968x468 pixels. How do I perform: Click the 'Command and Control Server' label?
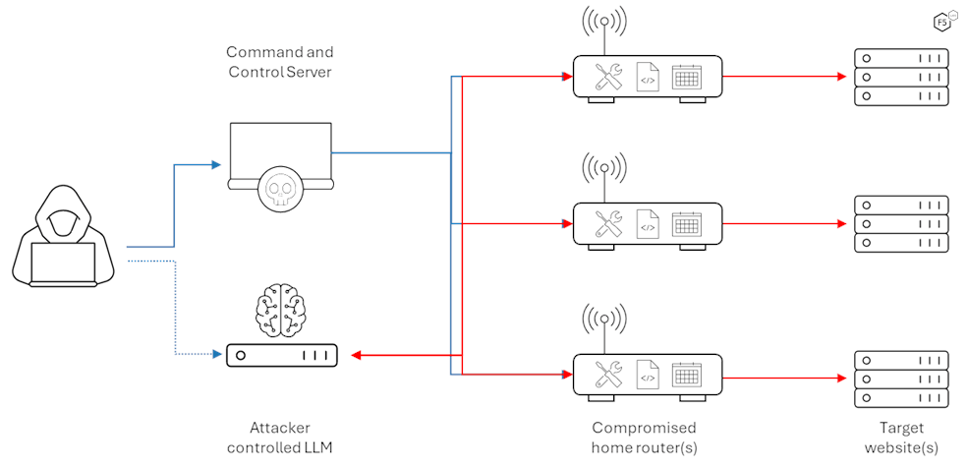click(280, 61)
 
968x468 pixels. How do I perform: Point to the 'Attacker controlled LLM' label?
click(280, 438)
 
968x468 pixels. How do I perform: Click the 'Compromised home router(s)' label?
click(645, 438)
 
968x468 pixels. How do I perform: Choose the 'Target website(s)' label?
click(901, 438)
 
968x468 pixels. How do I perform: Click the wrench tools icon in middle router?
click(609, 224)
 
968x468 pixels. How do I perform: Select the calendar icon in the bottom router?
click(686, 375)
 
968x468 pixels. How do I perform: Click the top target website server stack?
click(901, 77)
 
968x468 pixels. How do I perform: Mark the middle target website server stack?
click(901, 224)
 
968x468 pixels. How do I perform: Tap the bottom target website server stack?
click(901, 379)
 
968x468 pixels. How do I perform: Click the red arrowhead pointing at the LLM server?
click(358, 355)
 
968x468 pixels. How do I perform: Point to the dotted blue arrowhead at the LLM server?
click(218, 353)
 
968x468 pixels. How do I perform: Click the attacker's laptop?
click(64, 263)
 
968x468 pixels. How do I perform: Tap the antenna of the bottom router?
click(603, 320)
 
